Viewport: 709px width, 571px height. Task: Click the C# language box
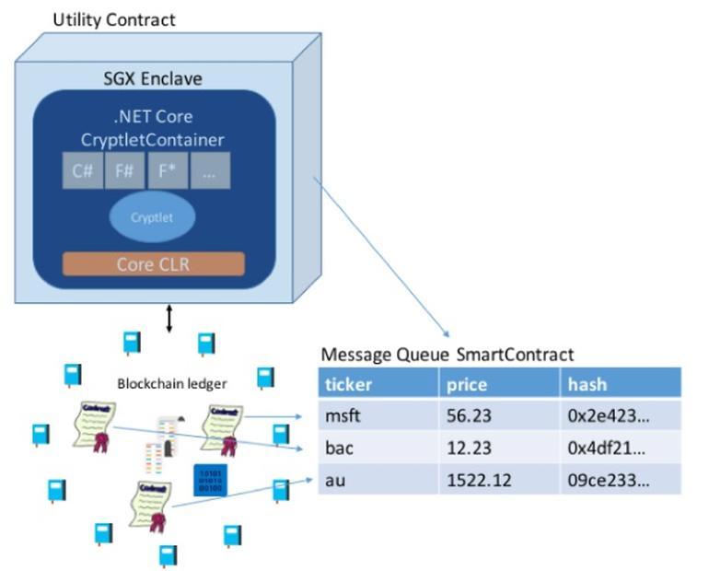pos(82,170)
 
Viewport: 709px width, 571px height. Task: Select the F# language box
pos(124,170)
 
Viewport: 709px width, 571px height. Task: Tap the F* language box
pos(167,170)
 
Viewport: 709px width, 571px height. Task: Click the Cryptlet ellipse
pos(152,217)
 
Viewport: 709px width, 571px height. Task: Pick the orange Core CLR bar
pos(153,264)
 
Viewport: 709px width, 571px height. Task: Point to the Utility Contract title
pos(113,18)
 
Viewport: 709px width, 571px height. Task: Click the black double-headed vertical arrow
pos(169,319)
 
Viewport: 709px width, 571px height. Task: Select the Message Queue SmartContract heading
pos(447,355)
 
